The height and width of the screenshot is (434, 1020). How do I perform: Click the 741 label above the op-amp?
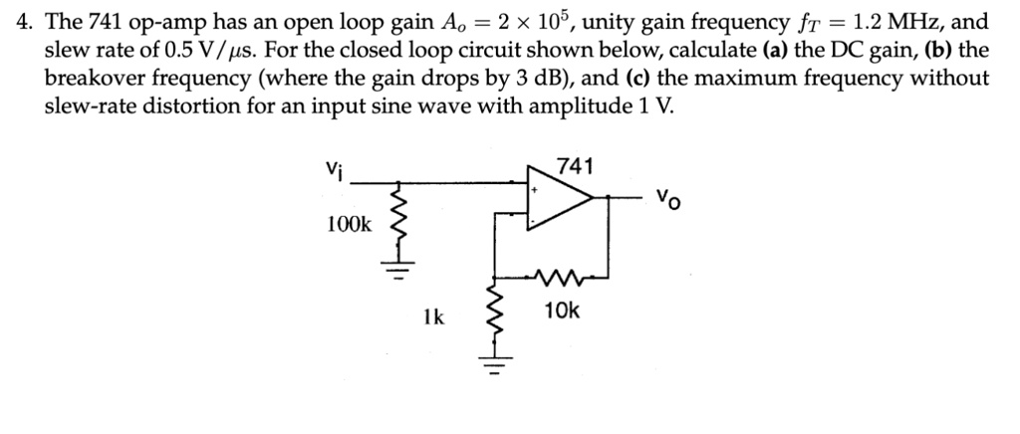click(574, 166)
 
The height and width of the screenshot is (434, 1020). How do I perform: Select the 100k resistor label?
click(349, 225)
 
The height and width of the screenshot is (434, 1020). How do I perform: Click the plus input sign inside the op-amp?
click(535, 186)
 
